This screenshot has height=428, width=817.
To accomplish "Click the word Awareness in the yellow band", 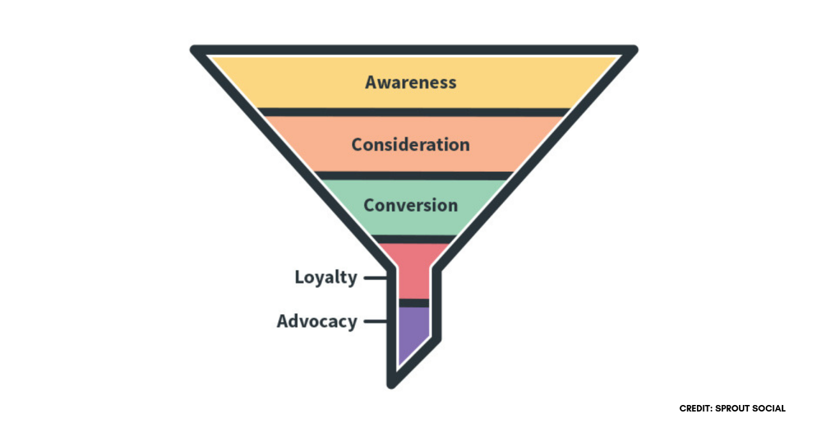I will click(410, 82).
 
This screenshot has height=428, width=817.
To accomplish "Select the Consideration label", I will click(410, 144).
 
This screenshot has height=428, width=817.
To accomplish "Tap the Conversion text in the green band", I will click(410, 205).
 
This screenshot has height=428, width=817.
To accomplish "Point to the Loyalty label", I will click(326, 278).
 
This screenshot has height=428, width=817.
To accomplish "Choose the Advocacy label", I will click(317, 321).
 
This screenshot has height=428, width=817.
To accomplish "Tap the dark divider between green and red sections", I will click(414, 240).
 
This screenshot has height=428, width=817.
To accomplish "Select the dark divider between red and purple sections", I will click(414, 303).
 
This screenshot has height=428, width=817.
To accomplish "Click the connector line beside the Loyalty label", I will click(375, 278).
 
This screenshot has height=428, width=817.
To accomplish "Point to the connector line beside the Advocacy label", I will click(375, 321).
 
